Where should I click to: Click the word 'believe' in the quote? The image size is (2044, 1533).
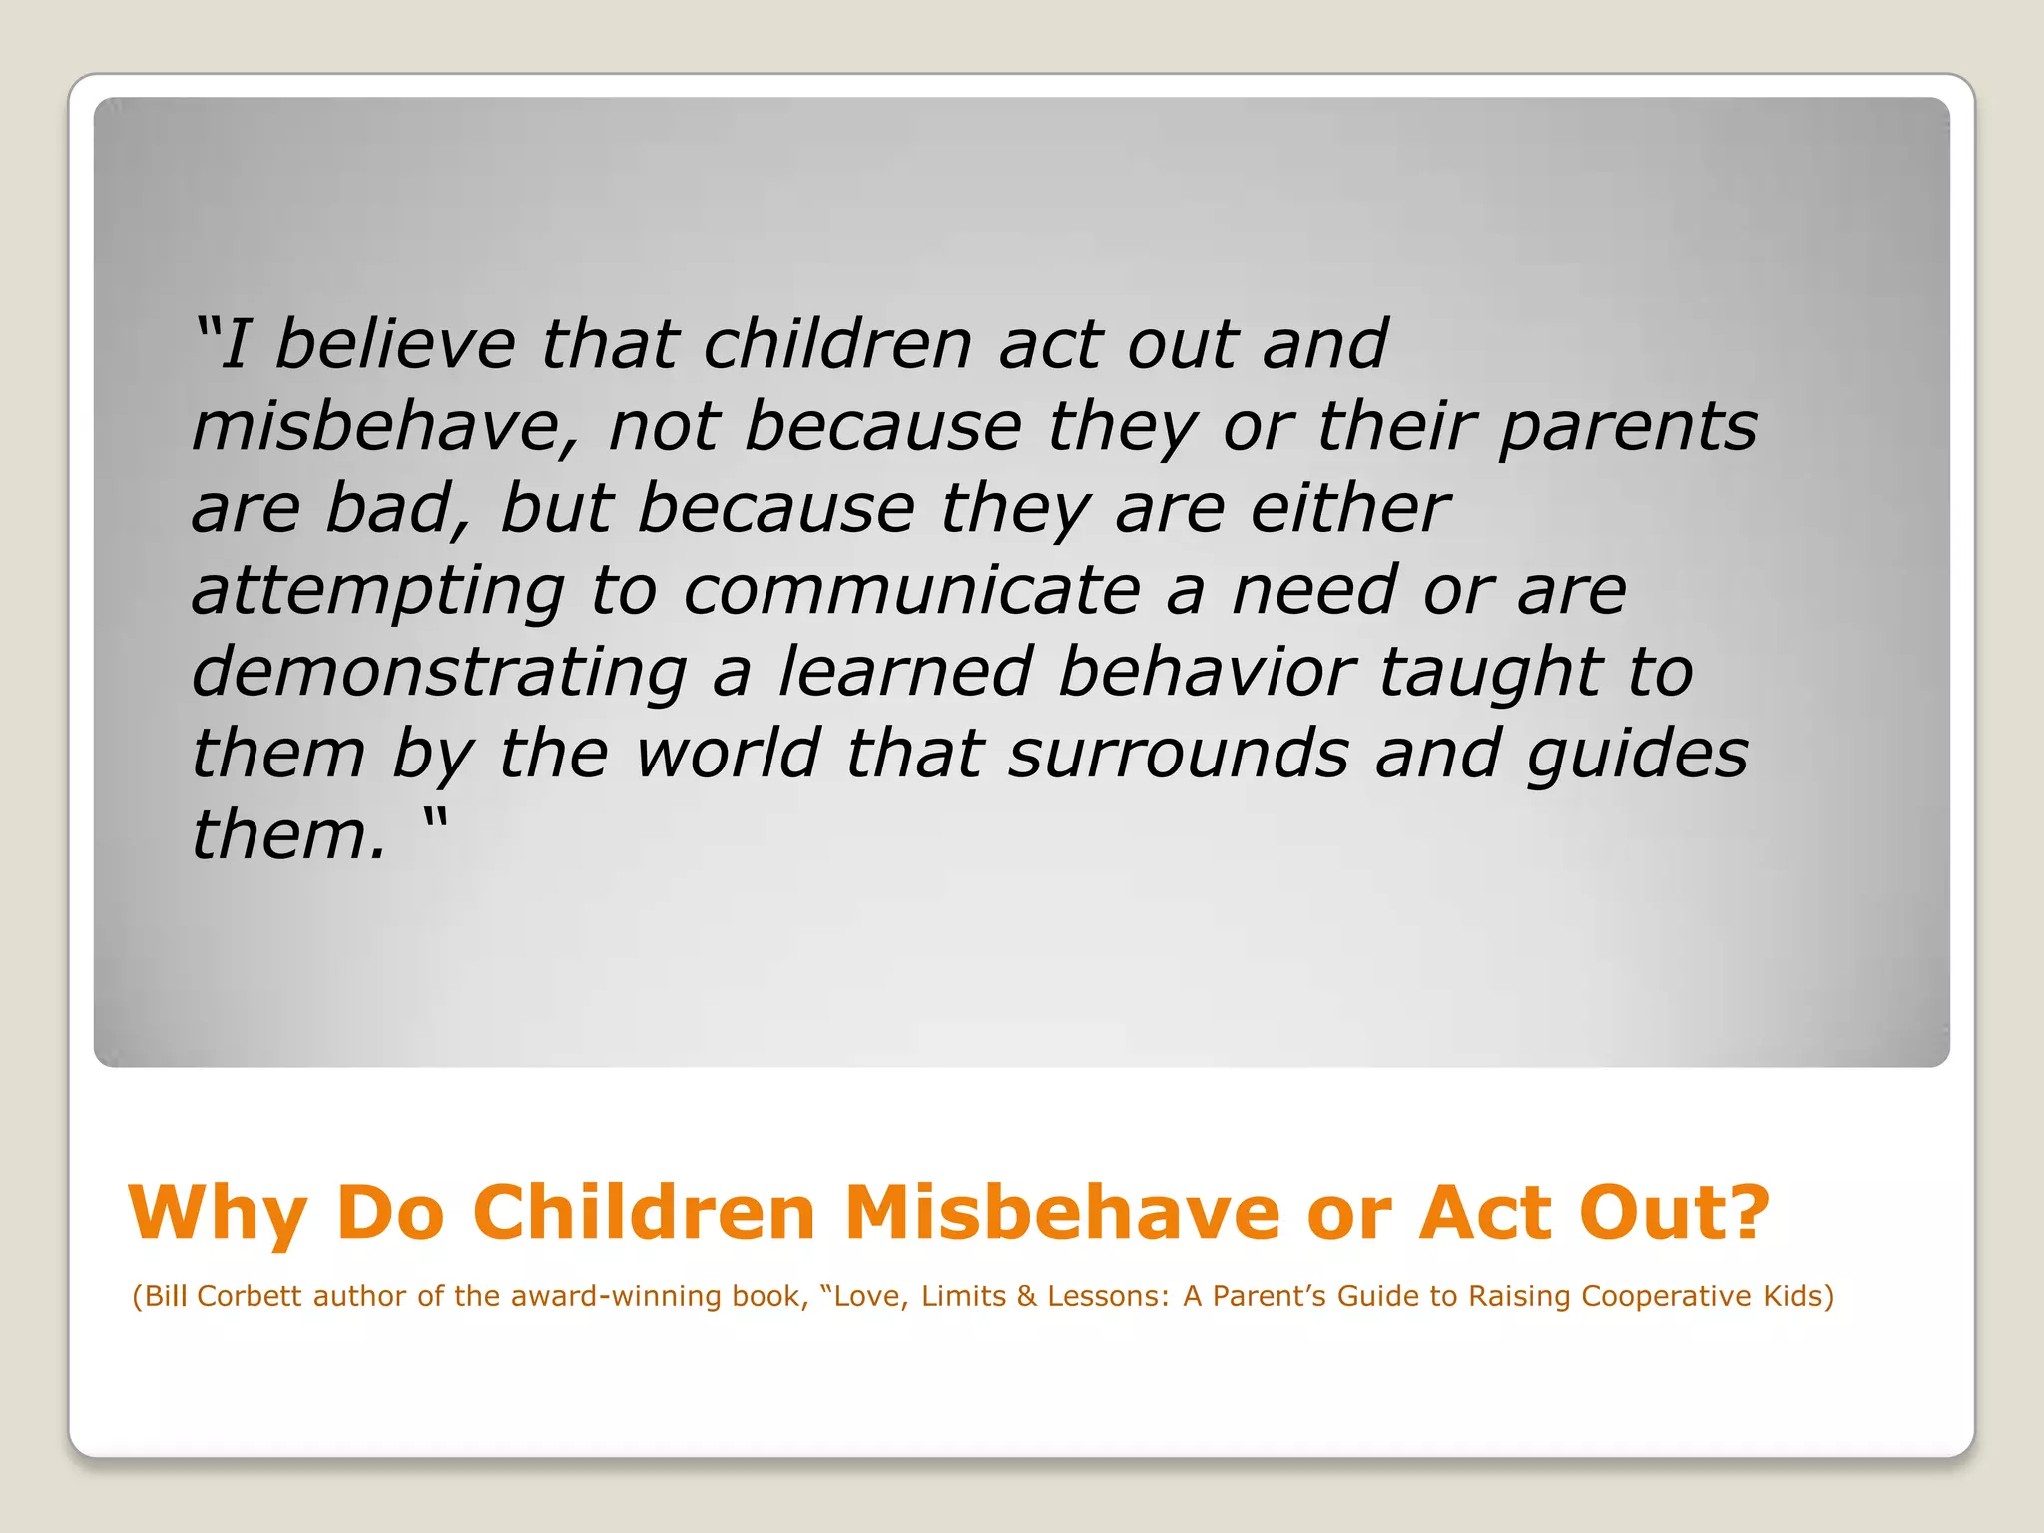tap(394, 344)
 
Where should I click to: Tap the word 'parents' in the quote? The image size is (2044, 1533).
tap(1627, 427)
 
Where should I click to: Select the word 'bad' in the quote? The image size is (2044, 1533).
tap(395, 508)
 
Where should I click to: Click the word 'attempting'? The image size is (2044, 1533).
tap(377, 591)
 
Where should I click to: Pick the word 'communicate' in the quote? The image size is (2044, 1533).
tap(910, 590)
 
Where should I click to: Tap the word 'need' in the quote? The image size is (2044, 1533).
tap(1314, 590)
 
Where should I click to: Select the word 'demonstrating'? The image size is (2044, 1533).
tap(439, 672)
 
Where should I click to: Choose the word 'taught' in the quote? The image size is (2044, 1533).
tap(1490, 673)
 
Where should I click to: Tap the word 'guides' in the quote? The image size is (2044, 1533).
tap(1637, 755)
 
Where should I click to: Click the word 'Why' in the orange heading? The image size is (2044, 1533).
tap(218, 1214)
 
